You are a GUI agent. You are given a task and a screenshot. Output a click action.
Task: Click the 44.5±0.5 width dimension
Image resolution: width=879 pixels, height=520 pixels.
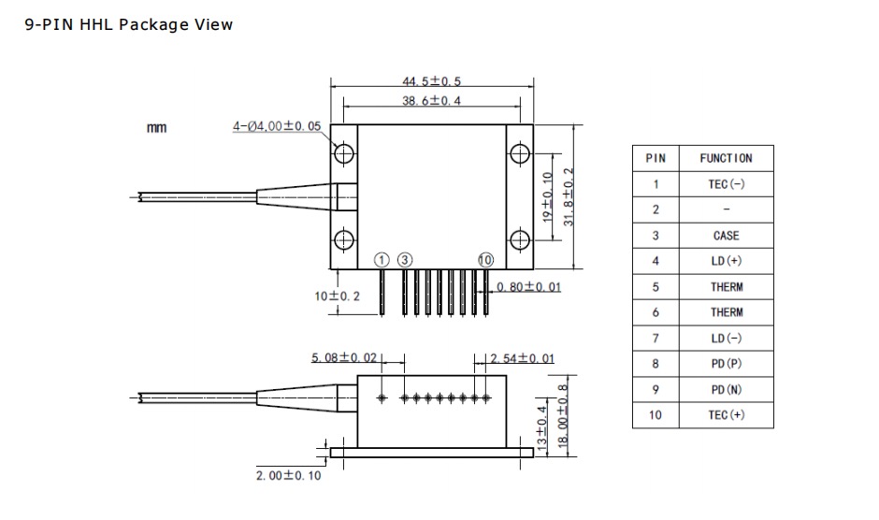(x=431, y=81)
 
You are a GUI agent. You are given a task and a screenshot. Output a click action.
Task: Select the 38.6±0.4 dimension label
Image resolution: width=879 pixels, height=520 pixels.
(x=431, y=101)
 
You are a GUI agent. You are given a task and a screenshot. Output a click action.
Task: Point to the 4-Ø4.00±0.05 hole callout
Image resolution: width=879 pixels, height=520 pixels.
(x=277, y=126)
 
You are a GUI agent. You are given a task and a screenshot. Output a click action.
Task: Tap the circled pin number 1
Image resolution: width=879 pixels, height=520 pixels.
(x=382, y=260)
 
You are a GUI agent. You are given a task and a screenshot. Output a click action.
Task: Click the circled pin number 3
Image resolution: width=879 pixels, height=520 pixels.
(x=405, y=260)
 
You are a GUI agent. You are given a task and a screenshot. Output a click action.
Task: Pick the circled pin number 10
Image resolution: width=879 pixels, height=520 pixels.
(x=485, y=260)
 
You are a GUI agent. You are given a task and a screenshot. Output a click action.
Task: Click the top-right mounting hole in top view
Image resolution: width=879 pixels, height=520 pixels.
(x=520, y=153)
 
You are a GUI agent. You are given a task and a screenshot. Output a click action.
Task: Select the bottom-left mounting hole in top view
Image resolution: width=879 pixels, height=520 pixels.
(x=343, y=240)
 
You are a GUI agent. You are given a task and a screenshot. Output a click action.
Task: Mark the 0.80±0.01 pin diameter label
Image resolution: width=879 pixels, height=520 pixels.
(x=528, y=287)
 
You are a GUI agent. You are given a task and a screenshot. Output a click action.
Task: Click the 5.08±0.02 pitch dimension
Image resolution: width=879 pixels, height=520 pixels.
(x=344, y=358)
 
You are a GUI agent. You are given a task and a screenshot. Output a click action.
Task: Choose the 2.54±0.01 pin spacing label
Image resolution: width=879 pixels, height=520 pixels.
(x=523, y=358)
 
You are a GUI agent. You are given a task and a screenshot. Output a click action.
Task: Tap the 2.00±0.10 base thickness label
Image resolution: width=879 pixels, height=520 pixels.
(x=289, y=476)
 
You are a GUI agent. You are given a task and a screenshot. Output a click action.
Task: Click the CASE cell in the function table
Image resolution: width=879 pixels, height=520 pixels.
(x=726, y=236)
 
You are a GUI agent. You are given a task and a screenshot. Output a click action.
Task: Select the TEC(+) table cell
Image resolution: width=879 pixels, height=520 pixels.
(x=726, y=415)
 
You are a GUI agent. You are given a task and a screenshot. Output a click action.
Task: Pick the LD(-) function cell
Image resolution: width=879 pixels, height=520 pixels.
(x=726, y=339)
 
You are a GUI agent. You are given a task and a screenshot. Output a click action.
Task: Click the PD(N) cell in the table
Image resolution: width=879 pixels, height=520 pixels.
(x=726, y=389)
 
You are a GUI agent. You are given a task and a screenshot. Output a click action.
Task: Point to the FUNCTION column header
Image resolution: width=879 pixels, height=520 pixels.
(x=726, y=158)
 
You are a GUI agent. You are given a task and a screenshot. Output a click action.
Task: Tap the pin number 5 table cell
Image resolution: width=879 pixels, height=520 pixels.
(x=656, y=287)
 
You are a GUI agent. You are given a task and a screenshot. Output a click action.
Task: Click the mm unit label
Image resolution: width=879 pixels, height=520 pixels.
(x=156, y=128)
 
